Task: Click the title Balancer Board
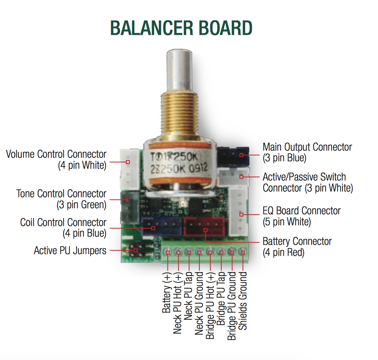181,28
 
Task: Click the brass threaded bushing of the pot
179,116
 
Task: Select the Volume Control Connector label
56,160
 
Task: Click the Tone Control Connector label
61,199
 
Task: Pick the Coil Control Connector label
63,228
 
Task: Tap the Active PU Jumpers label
70,250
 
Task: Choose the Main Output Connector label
307,152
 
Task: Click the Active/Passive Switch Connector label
308,182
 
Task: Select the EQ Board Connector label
301,216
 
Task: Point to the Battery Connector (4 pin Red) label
297,247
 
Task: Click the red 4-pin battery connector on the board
204,227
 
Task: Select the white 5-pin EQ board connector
238,212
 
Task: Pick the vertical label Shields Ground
243,301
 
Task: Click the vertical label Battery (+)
167,292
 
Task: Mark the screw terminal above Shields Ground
243,252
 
